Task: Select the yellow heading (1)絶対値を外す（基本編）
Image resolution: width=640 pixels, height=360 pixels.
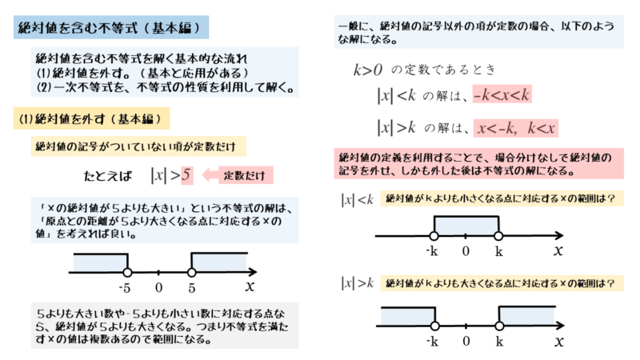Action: click(89, 120)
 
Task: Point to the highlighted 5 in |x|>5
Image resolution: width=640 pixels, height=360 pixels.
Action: click(186, 174)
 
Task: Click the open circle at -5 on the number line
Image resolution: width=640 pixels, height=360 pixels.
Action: click(127, 272)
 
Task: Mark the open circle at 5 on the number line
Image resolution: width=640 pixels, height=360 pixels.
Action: click(191, 272)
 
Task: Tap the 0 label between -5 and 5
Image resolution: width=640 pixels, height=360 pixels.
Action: click(159, 287)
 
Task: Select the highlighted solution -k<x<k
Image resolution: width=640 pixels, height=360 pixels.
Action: click(502, 95)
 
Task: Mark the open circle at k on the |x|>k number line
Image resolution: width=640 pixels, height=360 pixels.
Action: click(498, 326)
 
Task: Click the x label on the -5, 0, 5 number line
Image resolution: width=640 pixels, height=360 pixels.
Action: click(250, 286)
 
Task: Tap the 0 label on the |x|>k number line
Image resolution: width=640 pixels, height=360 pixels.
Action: click(466, 342)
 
